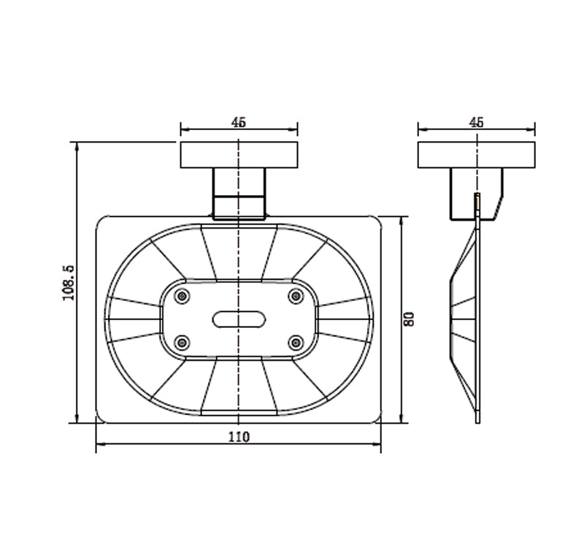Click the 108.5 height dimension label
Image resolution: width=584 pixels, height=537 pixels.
69,283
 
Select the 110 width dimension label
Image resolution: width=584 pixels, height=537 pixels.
239,436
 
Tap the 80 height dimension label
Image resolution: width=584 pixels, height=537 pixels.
409,319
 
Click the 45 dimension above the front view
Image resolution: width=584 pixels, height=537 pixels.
239,122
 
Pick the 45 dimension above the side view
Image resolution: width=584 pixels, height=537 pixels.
477,122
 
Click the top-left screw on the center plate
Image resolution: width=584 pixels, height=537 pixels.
182,297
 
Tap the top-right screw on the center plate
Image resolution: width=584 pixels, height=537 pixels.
296,297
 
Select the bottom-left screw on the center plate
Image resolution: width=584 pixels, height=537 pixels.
182,343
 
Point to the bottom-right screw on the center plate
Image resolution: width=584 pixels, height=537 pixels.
296,343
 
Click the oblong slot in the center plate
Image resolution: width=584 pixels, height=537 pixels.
239,319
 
